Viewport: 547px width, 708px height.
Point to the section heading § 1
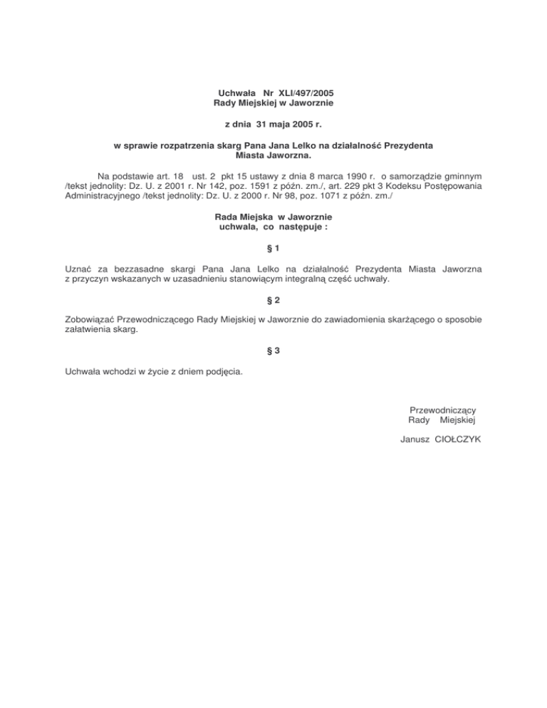coord(273,249)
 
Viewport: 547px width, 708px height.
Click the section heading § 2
coord(273,301)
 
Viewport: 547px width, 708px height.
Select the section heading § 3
coord(273,350)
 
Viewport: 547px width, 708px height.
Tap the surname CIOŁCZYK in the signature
coord(455,439)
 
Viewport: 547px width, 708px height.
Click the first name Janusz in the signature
coord(415,439)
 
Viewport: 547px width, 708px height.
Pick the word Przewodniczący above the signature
coord(443,410)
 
